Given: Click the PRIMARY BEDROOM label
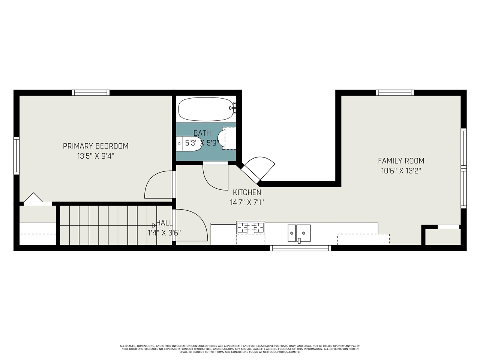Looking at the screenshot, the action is [96, 146].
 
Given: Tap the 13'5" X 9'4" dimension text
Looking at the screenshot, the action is [96, 156].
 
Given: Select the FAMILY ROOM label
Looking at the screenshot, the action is [401, 161].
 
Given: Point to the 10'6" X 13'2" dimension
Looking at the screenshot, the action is [401, 171].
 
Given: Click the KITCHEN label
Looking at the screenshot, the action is [247, 192].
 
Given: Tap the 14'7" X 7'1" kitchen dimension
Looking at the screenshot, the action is [247, 202].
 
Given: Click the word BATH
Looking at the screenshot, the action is [202, 133].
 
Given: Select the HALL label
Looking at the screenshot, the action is [165, 223].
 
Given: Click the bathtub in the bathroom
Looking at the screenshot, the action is [206, 109].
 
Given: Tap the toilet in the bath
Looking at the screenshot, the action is [189, 144].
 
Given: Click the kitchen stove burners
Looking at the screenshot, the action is [250, 227].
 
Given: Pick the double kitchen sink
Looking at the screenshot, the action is [299, 233].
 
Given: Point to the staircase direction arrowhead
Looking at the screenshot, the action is [154, 225].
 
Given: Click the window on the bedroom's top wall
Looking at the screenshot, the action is [91, 93].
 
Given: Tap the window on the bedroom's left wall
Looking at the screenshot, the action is [16, 156].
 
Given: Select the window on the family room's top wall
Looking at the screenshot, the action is [395, 93].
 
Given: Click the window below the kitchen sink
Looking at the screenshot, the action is [300, 248].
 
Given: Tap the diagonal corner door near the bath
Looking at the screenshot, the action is [258, 169].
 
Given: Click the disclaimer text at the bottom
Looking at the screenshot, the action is [240, 349].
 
